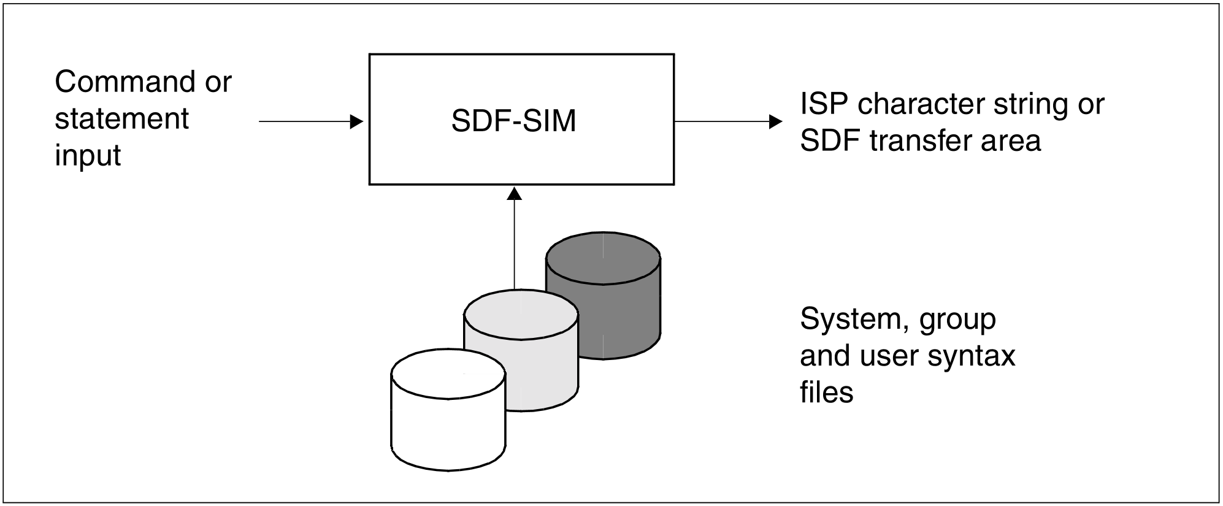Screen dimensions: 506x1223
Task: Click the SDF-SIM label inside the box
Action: [x=513, y=121]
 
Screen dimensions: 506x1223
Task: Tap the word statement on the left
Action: [x=121, y=118]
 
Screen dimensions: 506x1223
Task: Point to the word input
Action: [x=88, y=155]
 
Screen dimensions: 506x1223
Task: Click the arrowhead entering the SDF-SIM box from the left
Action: [x=356, y=121]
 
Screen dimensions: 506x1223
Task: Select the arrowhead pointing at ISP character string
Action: [x=775, y=121]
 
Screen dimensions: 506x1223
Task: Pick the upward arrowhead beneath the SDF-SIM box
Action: [x=515, y=194]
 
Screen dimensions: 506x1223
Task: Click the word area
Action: [x=1013, y=141]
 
